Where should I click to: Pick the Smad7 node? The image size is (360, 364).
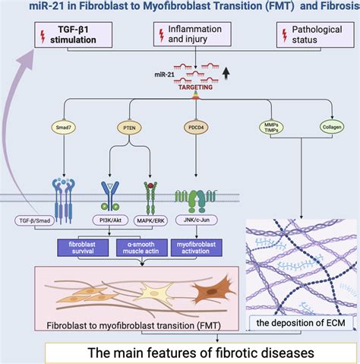63,126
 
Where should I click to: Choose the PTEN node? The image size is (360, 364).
128,126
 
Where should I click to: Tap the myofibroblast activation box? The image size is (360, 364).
199,247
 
